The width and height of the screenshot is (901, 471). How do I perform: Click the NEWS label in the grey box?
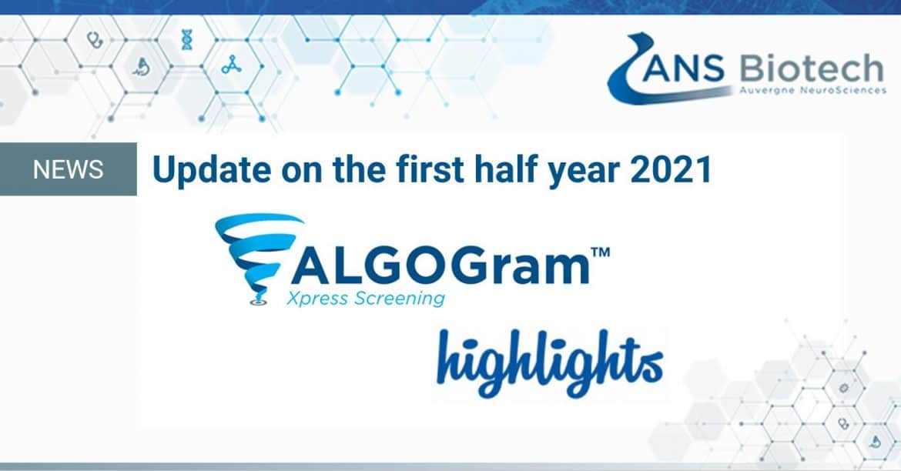69,169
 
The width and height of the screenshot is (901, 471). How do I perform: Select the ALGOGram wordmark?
440,266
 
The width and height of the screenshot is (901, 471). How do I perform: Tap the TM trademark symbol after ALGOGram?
601,252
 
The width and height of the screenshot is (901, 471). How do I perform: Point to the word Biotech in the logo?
811,69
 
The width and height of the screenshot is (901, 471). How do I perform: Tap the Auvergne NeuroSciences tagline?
812,90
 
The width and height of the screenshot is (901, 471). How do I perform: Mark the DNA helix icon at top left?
187,39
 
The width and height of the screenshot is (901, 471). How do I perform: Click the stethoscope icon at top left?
95,39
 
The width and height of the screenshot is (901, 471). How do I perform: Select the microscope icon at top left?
142,68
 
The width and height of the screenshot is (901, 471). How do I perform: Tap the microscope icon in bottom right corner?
875,441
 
